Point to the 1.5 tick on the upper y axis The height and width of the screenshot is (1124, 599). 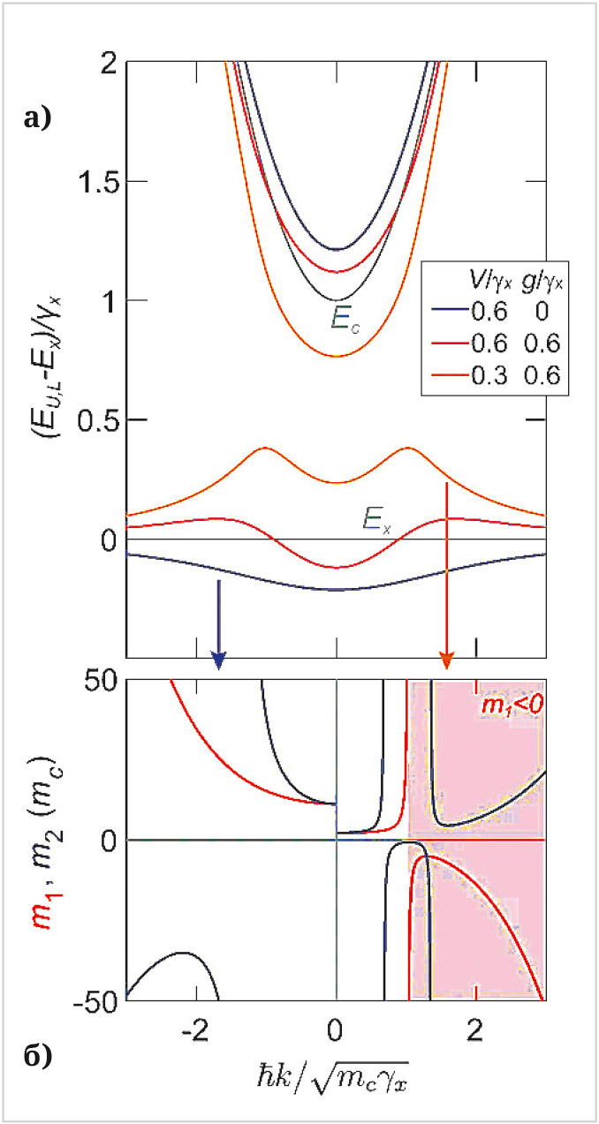coord(98,182)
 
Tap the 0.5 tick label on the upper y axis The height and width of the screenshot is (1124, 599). coord(98,419)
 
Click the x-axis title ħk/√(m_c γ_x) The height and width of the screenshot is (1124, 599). coord(336,1075)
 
